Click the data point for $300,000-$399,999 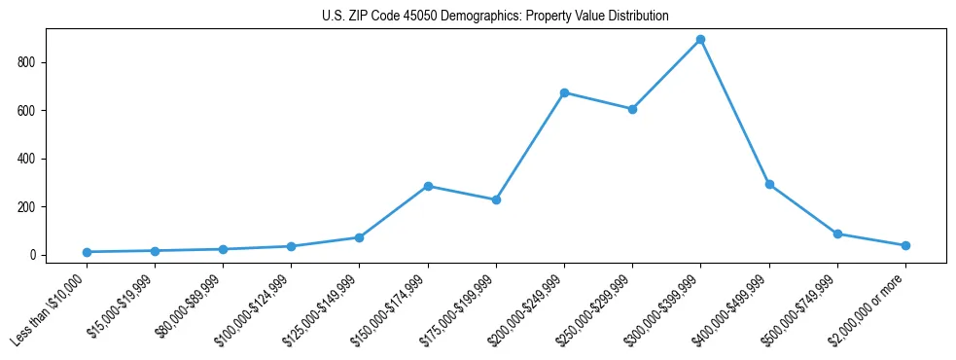tap(700, 40)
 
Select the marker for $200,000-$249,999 tap(564, 92)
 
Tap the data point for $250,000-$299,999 tap(632, 109)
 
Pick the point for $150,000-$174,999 tap(428, 186)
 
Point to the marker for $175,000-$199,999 tap(496, 199)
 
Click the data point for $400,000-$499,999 tap(769, 184)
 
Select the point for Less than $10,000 tap(88, 252)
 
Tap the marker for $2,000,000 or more tap(905, 245)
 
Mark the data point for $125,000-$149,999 tap(360, 237)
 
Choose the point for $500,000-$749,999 tap(837, 234)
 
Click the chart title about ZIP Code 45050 tap(495, 17)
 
